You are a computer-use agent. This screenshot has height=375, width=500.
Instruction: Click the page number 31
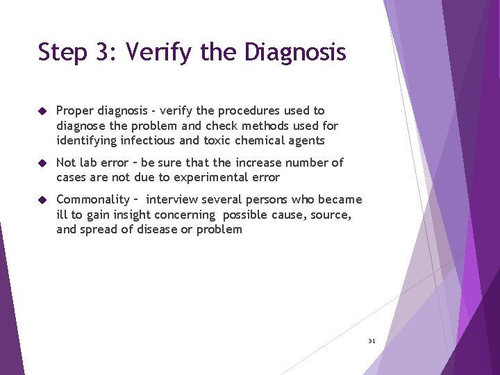372,341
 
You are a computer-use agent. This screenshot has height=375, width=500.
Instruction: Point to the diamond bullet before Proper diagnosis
42,111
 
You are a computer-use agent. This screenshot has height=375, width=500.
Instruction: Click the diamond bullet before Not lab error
42,163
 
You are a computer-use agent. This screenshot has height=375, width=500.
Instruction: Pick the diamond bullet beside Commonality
42,200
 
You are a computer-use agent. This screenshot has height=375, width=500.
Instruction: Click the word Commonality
92,200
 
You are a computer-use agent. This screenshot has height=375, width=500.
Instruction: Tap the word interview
172,200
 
